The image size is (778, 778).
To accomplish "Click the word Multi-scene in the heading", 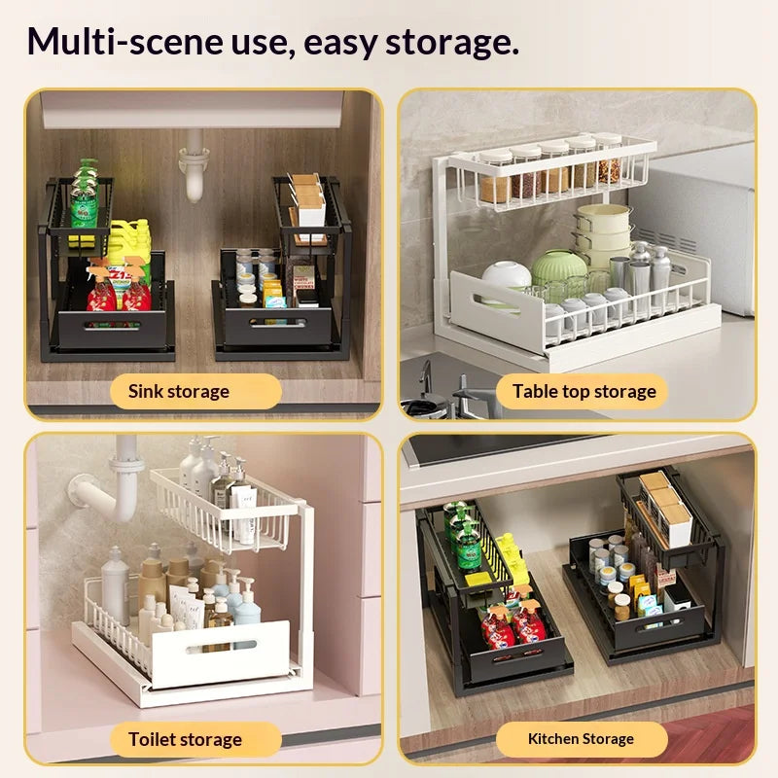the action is coord(124,42).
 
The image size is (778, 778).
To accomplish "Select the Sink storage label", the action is coord(179,392).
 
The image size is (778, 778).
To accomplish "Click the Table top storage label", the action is coord(584,392).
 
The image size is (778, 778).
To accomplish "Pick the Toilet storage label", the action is coord(185,739).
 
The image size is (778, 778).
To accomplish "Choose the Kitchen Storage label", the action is coord(581,739).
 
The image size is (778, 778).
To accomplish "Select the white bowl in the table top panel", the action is coord(505,279).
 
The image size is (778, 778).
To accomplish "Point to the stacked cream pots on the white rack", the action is coord(602,234).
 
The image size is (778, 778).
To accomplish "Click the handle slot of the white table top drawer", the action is coord(496,304).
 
